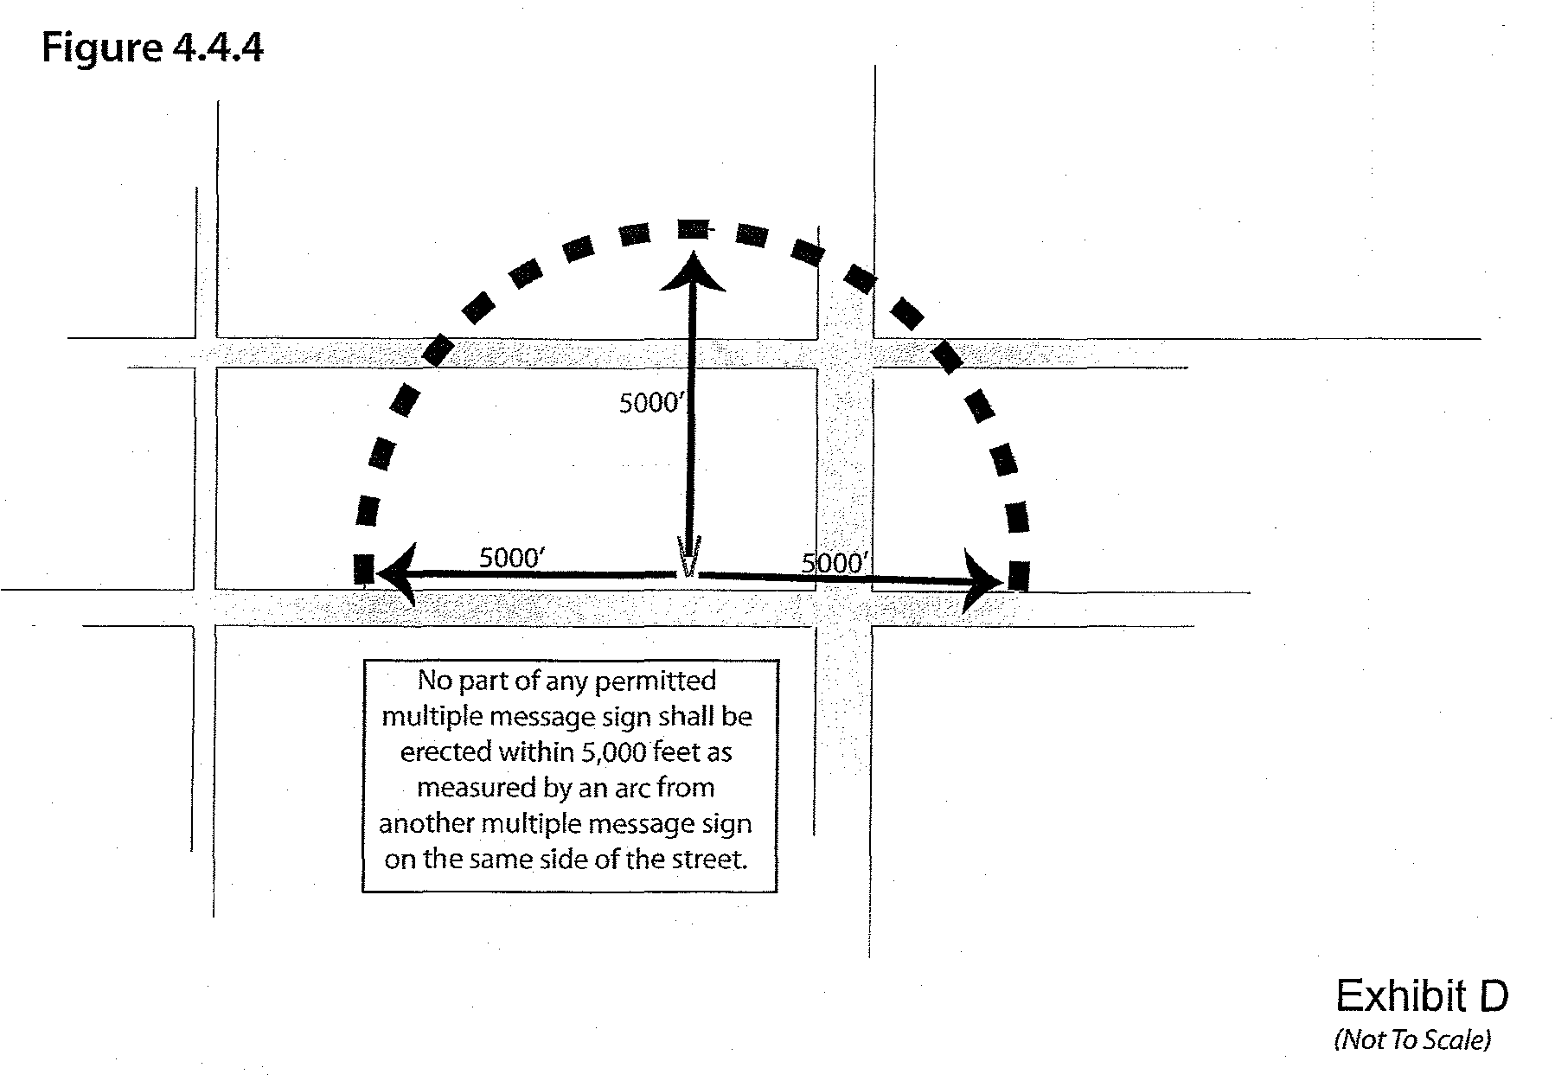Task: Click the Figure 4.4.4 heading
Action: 152,48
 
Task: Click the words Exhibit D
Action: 1421,996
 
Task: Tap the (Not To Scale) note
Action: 1412,1039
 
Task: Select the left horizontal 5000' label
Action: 511,558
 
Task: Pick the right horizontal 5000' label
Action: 834,564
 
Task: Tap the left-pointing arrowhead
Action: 398,573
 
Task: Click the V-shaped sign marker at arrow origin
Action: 689,559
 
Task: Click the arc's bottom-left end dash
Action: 363,569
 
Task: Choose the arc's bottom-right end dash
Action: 1020,575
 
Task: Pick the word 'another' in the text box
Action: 426,823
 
